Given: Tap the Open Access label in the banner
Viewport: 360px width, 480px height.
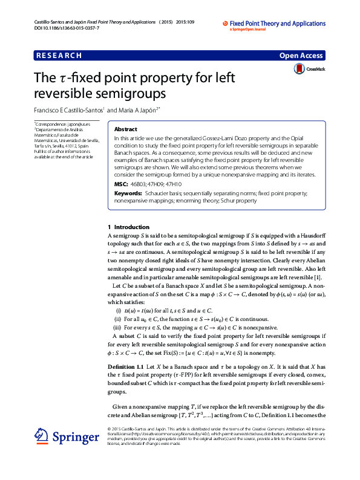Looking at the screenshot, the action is point(301,56).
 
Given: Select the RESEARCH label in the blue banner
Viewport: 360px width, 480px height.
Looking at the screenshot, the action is point(59,56).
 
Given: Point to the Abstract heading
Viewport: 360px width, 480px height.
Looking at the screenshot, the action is point(126,129).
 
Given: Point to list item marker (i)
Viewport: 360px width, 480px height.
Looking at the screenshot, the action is point(119,309).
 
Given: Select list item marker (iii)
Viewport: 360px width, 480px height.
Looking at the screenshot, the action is point(118,325).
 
